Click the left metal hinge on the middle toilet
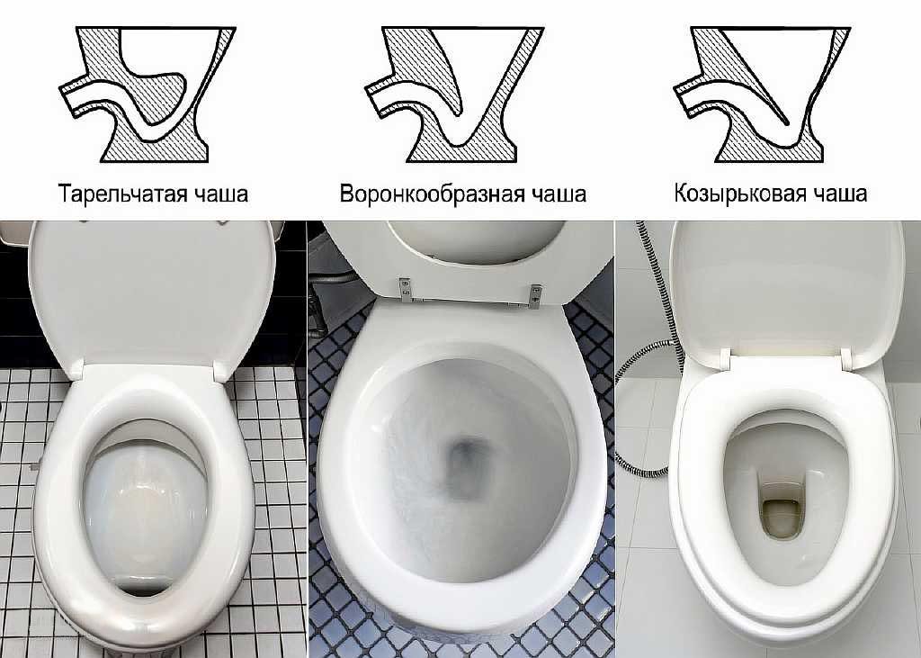tap(407, 287)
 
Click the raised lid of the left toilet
tap(153, 288)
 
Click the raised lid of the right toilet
tap(782, 288)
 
